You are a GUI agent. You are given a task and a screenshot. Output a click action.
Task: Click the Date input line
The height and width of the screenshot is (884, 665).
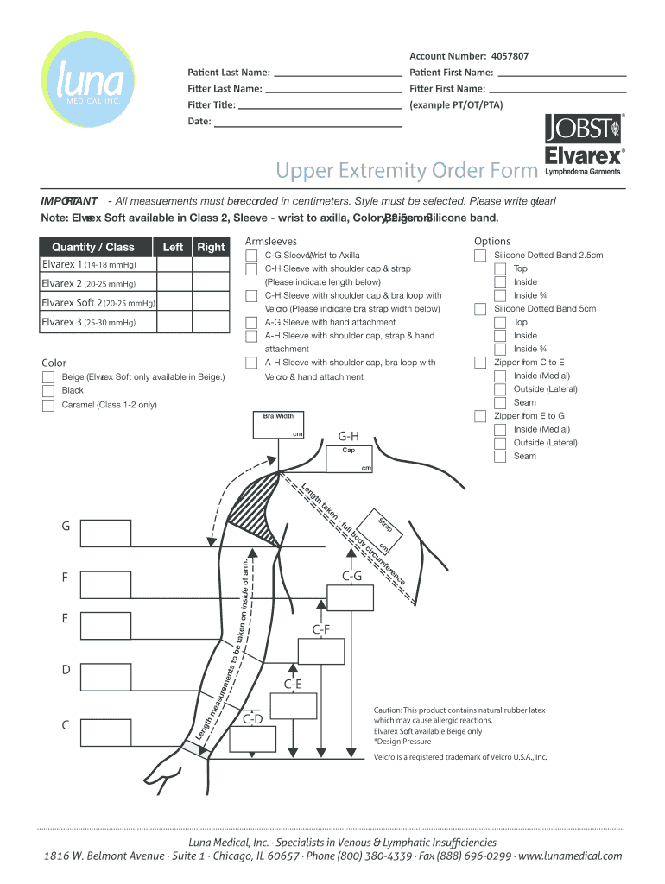307,121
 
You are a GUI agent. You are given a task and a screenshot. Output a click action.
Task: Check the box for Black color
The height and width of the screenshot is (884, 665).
48,390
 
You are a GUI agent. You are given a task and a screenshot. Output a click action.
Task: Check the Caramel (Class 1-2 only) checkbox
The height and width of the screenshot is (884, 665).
48,404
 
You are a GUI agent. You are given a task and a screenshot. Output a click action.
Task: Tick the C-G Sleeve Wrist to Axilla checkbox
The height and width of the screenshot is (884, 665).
250,256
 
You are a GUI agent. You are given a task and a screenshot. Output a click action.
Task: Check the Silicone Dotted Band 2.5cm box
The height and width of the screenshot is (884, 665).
480,256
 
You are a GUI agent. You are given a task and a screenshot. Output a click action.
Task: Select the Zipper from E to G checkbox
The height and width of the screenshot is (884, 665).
480,416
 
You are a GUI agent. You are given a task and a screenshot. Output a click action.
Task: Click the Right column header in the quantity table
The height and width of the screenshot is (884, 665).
211,247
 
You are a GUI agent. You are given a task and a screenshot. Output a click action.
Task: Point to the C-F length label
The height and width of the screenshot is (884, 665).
321,630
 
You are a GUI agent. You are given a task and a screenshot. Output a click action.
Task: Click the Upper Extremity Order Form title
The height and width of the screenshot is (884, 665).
405,171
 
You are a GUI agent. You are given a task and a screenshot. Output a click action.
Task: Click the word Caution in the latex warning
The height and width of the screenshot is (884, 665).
387,710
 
